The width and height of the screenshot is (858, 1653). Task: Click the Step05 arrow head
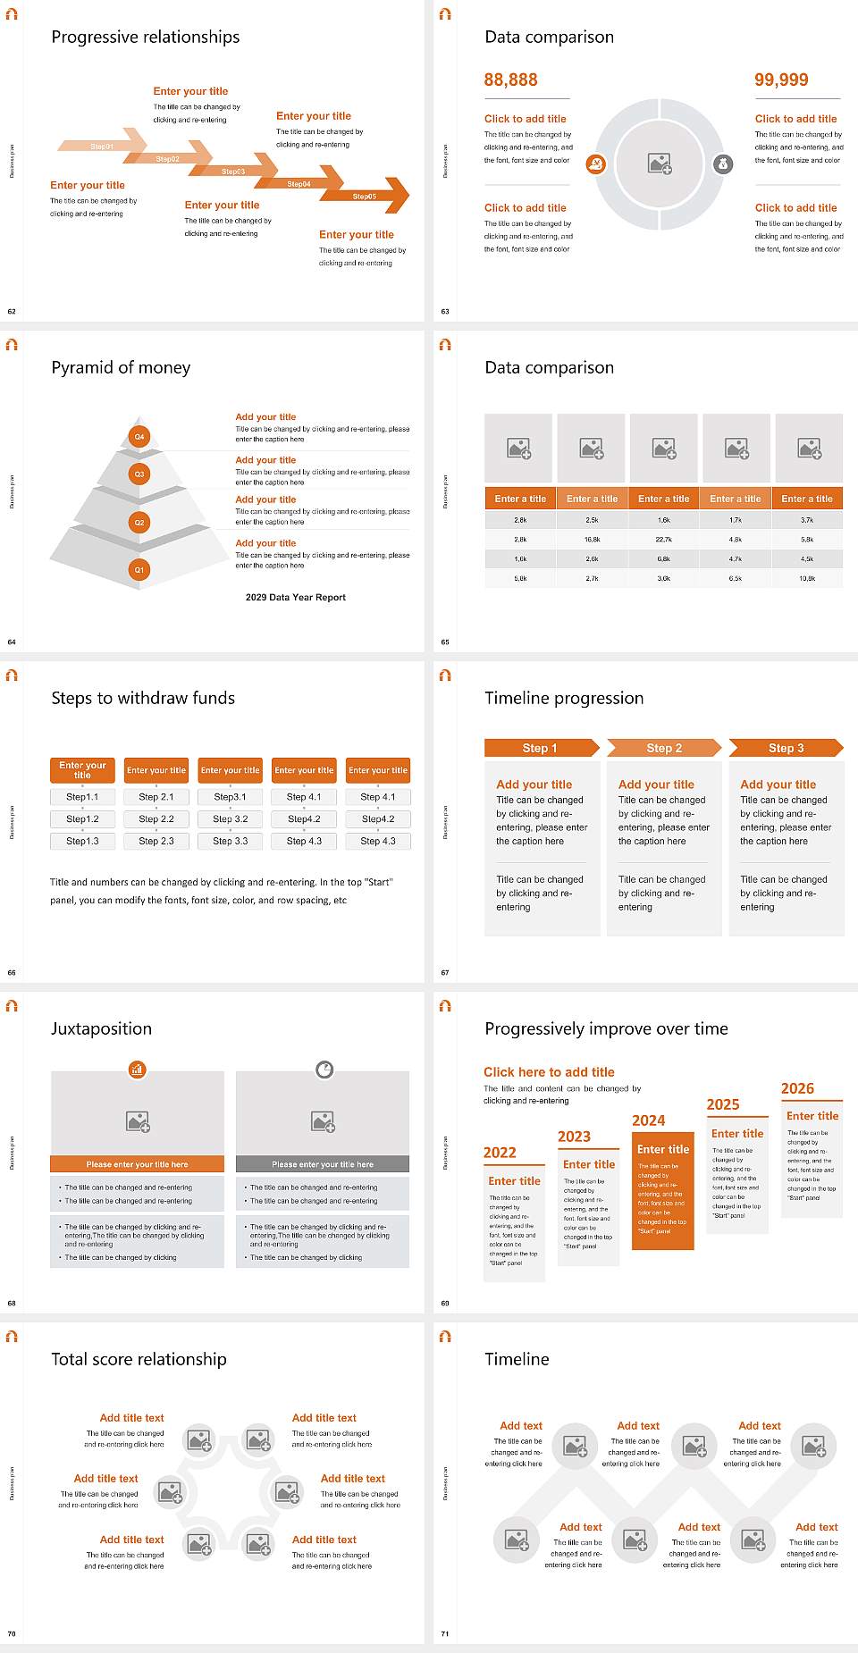coord(394,196)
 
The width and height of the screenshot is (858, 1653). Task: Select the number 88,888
coord(510,80)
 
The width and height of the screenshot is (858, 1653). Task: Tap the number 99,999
coord(781,80)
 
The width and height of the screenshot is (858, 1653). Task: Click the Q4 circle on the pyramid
coord(139,437)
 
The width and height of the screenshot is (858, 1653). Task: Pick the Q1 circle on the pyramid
coord(139,569)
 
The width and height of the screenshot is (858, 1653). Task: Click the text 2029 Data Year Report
coord(295,598)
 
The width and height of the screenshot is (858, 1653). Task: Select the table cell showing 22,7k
coord(663,540)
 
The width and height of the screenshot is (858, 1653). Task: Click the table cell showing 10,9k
coord(807,579)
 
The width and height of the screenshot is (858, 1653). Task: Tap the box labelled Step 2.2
coord(156,818)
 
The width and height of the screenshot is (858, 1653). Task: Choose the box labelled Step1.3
coord(82,841)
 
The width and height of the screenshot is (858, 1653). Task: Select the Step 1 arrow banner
coord(540,748)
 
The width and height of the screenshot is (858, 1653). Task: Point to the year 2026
coord(797,1088)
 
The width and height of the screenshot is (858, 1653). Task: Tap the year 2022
coord(500,1153)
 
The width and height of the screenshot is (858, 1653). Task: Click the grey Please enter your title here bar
coord(323,1164)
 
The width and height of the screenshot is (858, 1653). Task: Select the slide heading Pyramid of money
coord(121,367)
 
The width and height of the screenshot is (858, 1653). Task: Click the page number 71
coord(445,1634)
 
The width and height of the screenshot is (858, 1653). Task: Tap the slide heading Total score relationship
coord(139,1359)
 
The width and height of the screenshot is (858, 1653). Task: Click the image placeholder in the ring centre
coord(660,164)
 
